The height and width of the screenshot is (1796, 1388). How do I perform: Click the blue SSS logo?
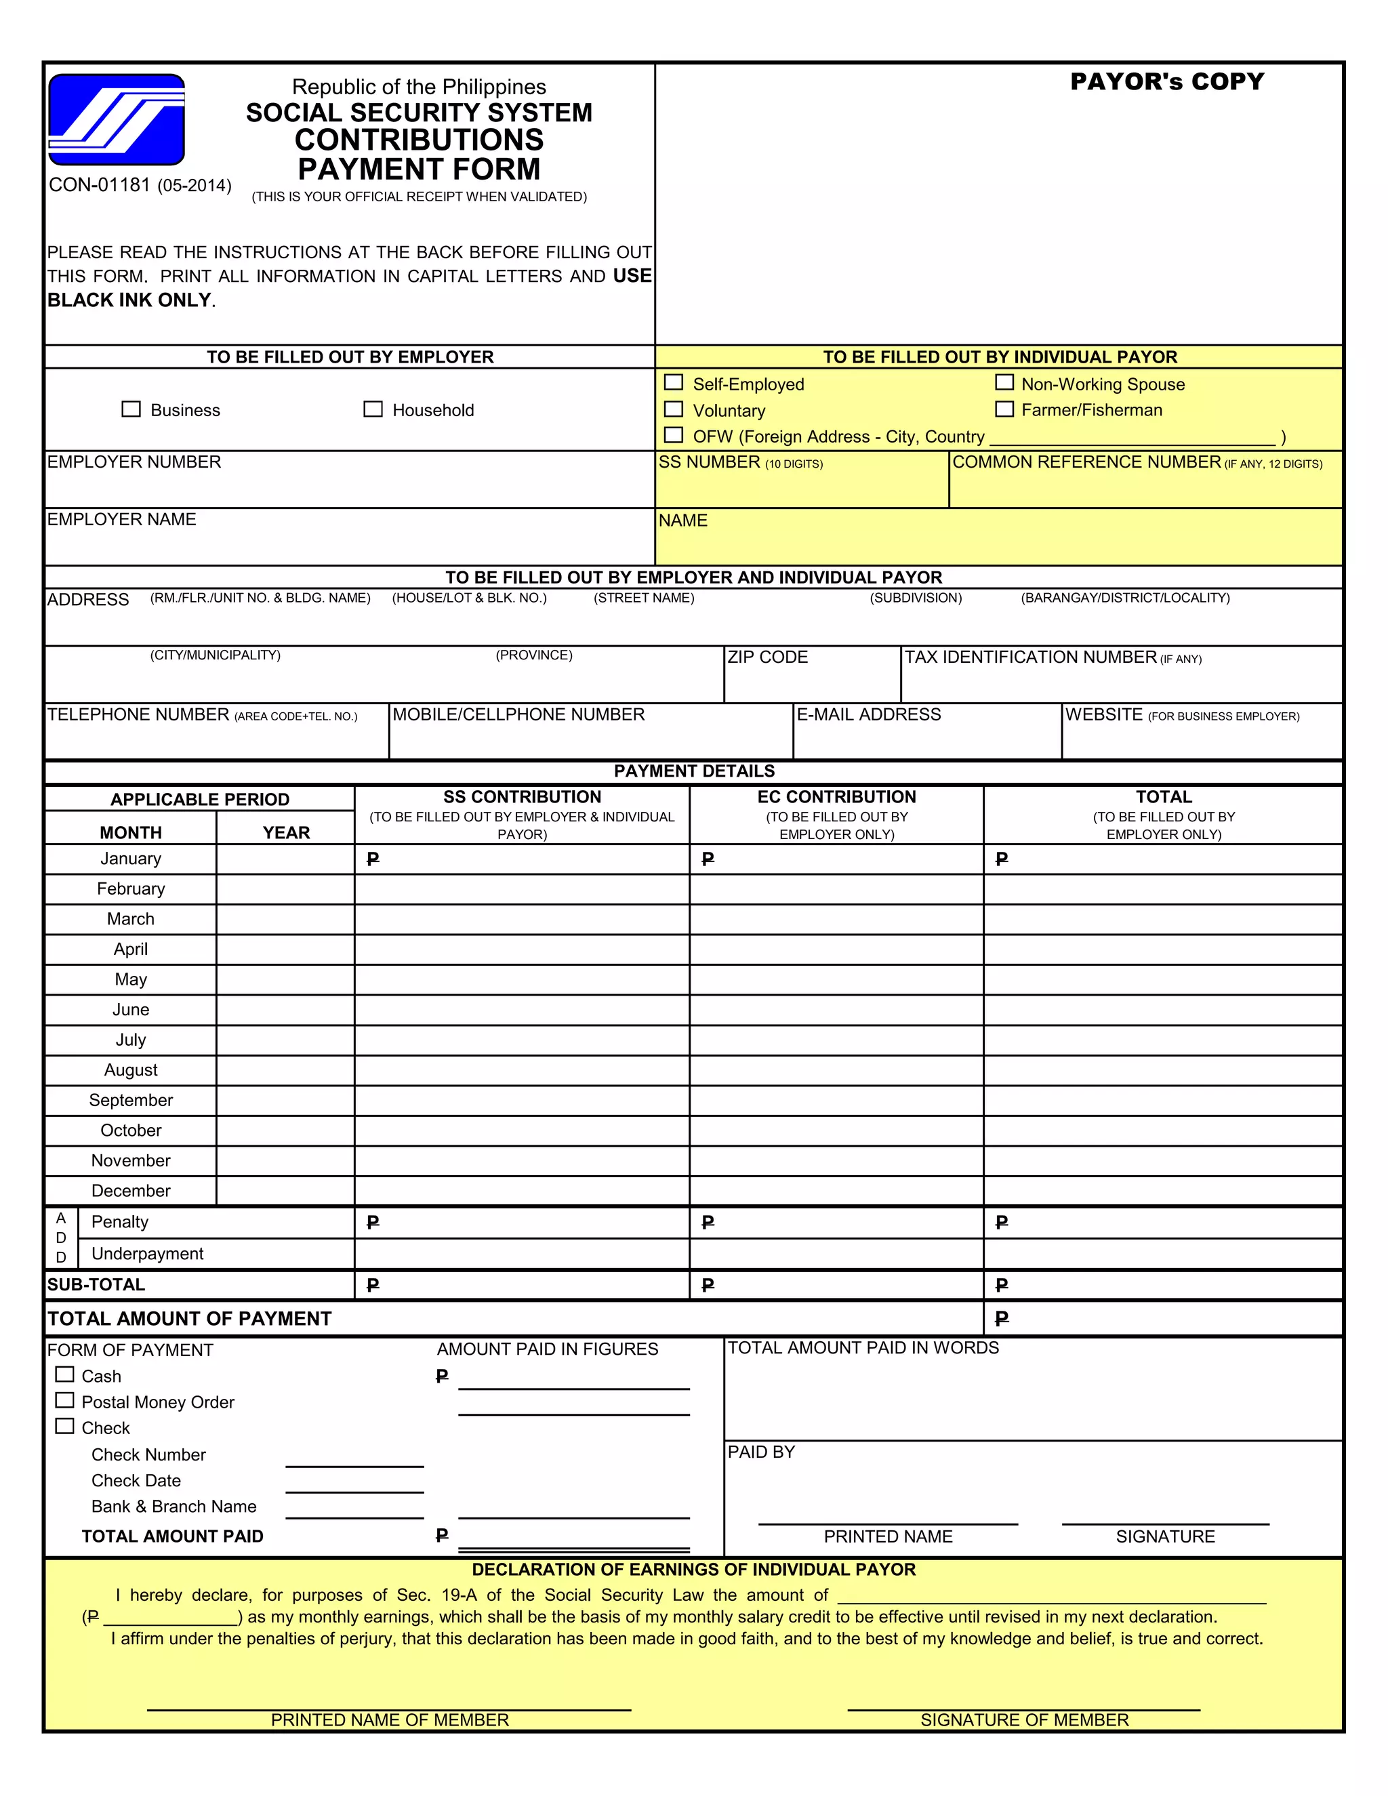116,119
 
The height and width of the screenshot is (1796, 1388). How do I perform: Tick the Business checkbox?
131,409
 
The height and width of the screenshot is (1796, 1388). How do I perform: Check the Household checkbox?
373,409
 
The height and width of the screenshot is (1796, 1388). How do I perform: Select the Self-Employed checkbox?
674,382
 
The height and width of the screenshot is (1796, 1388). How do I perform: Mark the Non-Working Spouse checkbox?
1004,382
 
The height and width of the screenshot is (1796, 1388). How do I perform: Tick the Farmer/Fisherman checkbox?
1004,409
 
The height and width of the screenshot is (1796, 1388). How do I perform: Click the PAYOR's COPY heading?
1167,81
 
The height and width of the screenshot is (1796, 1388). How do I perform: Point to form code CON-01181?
100,185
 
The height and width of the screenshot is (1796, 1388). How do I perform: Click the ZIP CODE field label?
767,657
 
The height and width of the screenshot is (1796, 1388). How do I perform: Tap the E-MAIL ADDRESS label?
868,714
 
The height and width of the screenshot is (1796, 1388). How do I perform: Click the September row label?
131,1100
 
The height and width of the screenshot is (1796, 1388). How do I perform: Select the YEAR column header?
285,832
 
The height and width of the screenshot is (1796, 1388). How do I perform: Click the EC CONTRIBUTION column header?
836,797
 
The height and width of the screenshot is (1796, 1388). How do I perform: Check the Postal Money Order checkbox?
64,1400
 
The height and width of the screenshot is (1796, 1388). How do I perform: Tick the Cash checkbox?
64,1374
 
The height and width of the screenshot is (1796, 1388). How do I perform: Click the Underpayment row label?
147,1254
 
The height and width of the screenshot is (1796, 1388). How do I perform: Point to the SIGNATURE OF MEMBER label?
1024,1720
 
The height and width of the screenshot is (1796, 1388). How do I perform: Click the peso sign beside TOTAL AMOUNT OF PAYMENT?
1002,1319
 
